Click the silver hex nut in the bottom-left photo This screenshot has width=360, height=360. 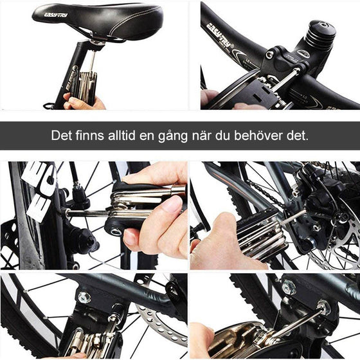click(x=84, y=297)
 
